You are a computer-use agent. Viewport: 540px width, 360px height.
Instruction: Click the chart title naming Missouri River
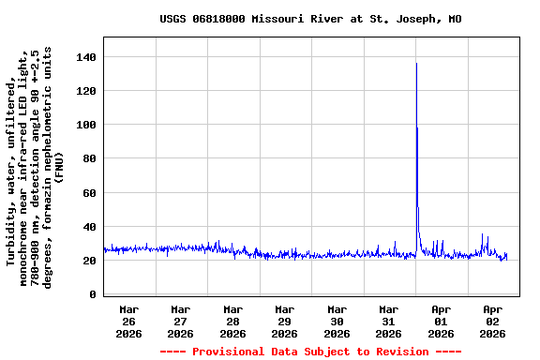310,19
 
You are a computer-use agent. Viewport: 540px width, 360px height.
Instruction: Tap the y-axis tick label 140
86,57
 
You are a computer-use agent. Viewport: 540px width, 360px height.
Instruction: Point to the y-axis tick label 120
86,91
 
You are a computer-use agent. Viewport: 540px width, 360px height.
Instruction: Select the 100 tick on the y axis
86,125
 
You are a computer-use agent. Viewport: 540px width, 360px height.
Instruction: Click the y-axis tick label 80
90,158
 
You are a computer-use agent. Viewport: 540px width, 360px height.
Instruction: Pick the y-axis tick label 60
90,193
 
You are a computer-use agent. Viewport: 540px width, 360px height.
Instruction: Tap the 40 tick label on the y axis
90,227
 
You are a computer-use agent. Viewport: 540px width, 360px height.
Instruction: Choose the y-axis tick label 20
90,261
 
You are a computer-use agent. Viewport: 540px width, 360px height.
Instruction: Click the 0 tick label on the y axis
93,294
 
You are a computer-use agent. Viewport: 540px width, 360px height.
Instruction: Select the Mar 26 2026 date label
129,321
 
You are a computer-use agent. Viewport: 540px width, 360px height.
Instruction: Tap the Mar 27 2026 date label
181,321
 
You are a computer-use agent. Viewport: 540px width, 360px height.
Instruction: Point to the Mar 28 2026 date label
232,321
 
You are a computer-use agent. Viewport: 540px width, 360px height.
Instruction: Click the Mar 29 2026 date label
285,321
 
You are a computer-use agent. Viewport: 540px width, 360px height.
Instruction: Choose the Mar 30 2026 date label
337,321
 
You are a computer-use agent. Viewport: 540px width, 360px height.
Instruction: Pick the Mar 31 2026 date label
388,321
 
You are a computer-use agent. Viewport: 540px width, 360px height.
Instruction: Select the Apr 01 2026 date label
441,321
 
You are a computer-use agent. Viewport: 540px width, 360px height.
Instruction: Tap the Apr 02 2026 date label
492,321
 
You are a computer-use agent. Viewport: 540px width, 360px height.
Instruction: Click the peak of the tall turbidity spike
416,64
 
